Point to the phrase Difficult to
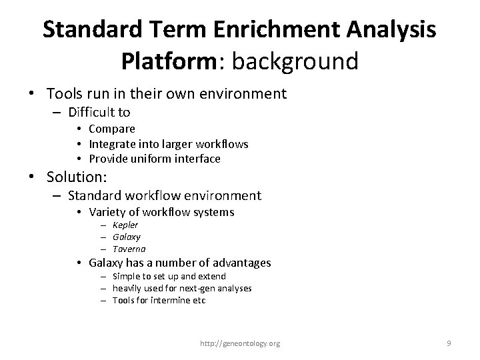99,112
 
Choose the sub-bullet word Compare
112,129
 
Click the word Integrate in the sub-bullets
113,144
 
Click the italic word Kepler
125,225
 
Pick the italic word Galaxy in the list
126,237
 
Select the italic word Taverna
129,249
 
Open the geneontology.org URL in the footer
240,343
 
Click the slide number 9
449,343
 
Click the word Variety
106,212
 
